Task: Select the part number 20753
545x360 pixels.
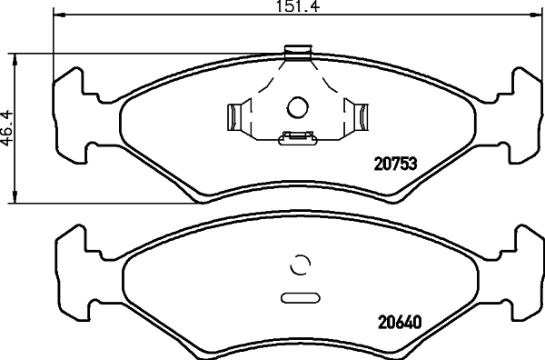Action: pyautogui.click(x=396, y=165)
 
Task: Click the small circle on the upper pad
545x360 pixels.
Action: pyautogui.click(x=297, y=107)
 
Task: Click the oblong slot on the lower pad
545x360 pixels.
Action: pyautogui.click(x=298, y=297)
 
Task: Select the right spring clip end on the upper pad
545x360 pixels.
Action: pyautogui.click(x=361, y=117)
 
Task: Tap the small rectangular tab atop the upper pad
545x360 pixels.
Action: pyautogui.click(x=297, y=52)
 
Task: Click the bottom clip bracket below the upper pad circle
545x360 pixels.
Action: pyautogui.click(x=297, y=138)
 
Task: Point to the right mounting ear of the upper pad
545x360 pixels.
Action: pyautogui.click(x=521, y=115)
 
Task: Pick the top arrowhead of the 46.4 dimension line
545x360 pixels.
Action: pyautogui.click(x=16, y=57)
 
